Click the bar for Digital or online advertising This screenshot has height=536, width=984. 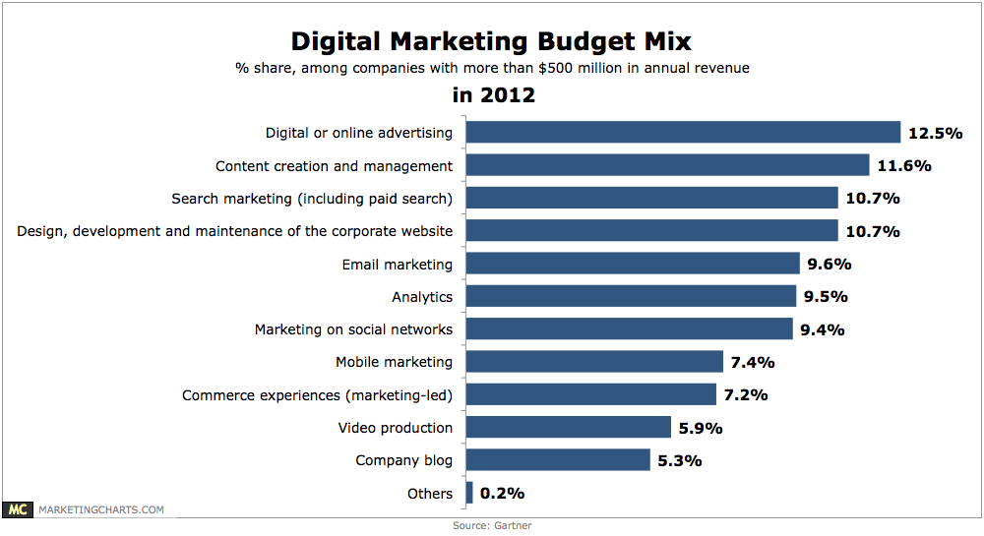[x=683, y=133]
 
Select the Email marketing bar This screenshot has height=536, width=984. [x=632, y=264]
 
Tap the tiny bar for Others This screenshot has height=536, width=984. [x=469, y=493]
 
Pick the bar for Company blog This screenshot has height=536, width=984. [x=557, y=460]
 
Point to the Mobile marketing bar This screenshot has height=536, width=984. [x=594, y=362]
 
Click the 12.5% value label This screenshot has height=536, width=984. [x=935, y=133]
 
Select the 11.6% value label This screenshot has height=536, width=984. [x=903, y=165]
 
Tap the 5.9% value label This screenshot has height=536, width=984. [x=701, y=428]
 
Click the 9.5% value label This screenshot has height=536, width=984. [x=826, y=296]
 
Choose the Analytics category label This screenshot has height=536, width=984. [x=422, y=296]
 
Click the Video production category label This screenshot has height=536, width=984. [x=396, y=428]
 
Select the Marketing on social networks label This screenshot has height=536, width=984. [x=353, y=329]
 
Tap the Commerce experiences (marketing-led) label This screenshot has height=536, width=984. [x=317, y=394]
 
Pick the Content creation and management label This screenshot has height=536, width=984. [x=334, y=165]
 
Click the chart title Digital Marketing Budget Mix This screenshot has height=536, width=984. [x=491, y=41]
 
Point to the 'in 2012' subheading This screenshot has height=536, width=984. [x=493, y=95]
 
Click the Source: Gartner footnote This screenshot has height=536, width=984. [x=491, y=526]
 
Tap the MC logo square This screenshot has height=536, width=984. [x=17, y=509]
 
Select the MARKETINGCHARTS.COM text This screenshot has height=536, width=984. [x=100, y=509]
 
